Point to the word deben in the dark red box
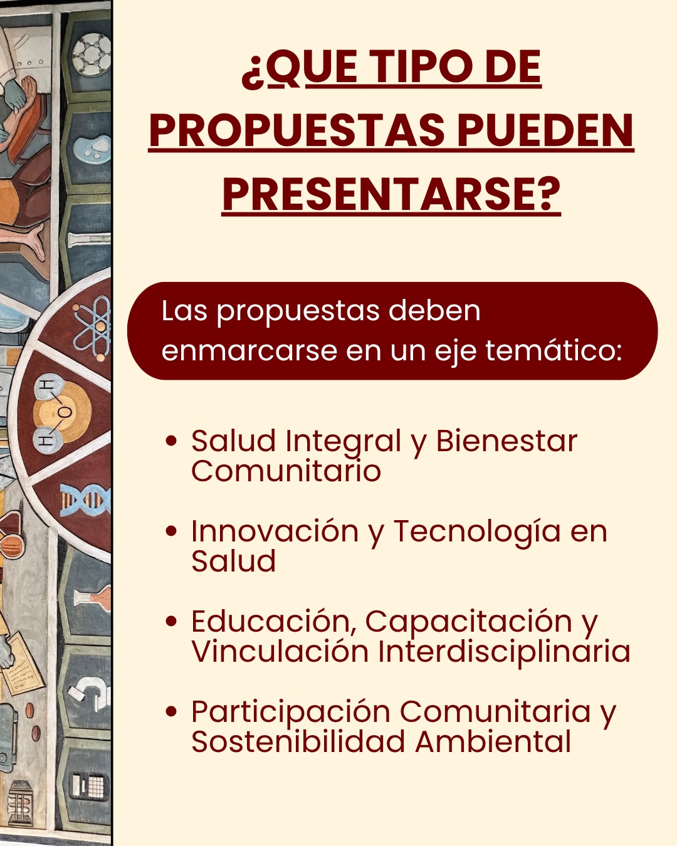pyautogui.click(x=434, y=311)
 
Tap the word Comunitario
pyautogui.click(x=286, y=471)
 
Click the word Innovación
pyautogui.click(x=275, y=531)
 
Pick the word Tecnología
pyautogui.click(x=477, y=533)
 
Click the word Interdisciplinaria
pyautogui.click(x=505, y=653)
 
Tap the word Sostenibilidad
pyautogui.click(x=298, y=742)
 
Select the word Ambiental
pyautogui.click(x=493, y=742)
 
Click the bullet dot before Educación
pyautogui.click(x=171, y=622)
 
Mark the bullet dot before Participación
pyautogui.click(x=171, y=712)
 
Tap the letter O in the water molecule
pyautogui.click(x=66, y=412)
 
